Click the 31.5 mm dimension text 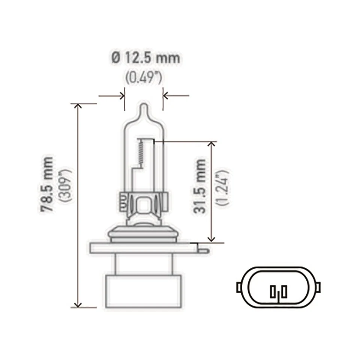click(200, 186)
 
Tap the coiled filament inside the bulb click(141, 154)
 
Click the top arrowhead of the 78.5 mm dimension click(78, 106)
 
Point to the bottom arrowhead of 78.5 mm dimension click(78, 304)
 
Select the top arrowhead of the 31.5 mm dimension click(212, 145)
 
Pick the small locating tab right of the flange click(202, 248)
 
